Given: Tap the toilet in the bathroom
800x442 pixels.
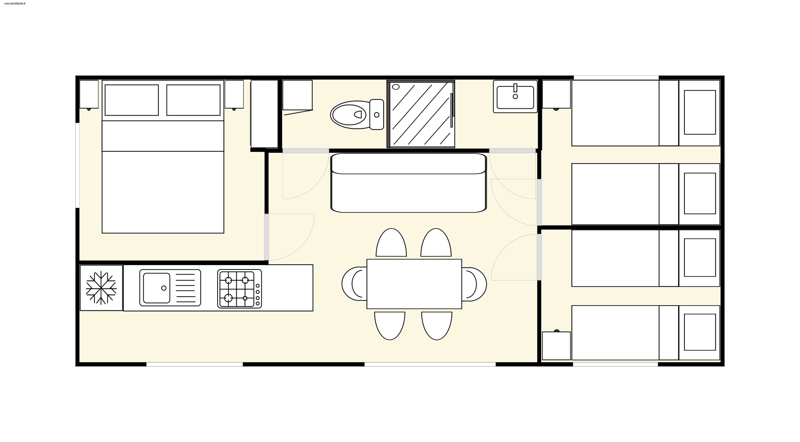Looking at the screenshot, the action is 357,114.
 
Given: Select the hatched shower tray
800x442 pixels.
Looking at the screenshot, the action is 421,114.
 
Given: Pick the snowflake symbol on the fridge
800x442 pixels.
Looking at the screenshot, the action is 101,288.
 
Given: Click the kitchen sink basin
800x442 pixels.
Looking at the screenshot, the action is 156,288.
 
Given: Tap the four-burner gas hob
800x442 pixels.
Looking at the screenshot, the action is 239,289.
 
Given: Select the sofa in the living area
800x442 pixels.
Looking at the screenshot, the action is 409,183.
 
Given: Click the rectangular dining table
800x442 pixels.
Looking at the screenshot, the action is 414,284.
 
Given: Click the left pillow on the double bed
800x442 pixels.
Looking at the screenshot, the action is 132,100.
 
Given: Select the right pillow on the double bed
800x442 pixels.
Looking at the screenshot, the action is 193,100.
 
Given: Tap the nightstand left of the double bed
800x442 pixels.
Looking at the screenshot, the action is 89,94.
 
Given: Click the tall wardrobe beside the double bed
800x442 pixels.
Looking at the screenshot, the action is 264,114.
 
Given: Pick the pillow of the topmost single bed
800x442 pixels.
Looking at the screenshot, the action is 700,112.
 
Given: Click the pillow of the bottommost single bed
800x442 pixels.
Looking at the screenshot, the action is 700,332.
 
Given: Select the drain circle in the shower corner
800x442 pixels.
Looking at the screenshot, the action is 396,87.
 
